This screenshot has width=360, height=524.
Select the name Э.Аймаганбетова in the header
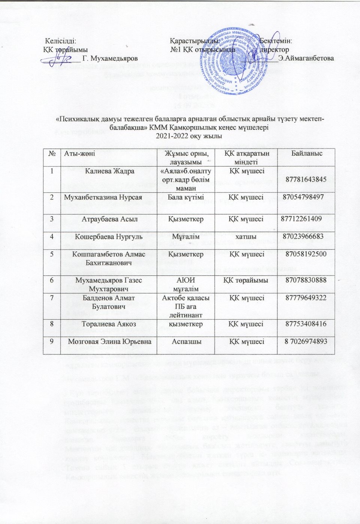(306, 58)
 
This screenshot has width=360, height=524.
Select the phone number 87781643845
(306, 179)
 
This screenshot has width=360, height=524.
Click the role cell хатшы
(246, 237)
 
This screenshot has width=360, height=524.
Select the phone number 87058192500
(306, 254)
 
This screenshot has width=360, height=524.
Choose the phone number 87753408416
(306, 324)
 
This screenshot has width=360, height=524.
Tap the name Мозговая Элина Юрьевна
(109, 341)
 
